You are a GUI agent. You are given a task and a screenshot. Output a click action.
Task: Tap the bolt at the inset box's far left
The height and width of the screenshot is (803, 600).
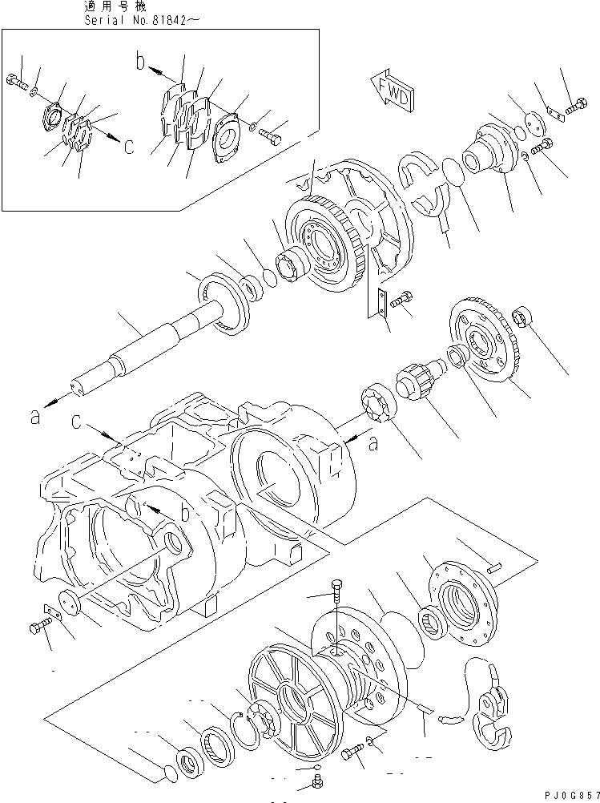18,81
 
